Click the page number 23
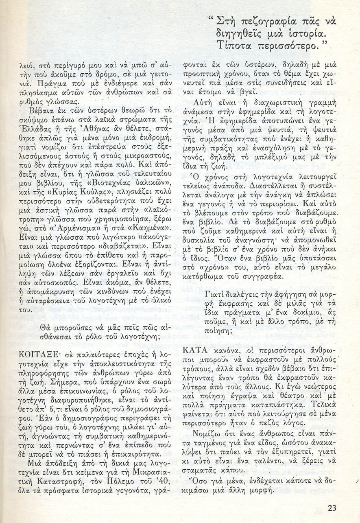pyautogui.click(x=332, y=508)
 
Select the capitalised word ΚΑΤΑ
pyautogui.click(x=196, y=350)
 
